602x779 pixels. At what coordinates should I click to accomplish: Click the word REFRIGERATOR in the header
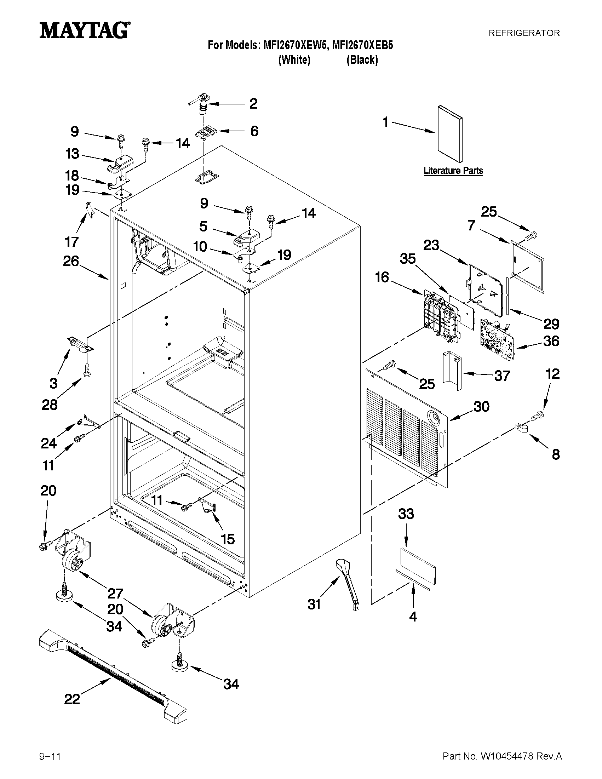[524, 33]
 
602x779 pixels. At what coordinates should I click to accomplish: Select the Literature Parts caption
[453, 171]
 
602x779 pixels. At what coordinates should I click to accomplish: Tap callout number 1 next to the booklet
[385, 122]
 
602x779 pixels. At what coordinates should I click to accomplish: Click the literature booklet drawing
[450, 134]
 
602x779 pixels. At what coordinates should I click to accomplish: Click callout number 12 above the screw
[552, 374]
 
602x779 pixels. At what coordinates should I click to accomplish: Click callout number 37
[502, 376]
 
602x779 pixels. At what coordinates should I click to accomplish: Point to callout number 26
[71, 261]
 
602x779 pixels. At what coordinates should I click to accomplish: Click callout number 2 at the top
[253, 104]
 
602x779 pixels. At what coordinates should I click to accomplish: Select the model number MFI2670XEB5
[362, 46]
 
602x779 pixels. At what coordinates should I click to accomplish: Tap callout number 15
[228, 539]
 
